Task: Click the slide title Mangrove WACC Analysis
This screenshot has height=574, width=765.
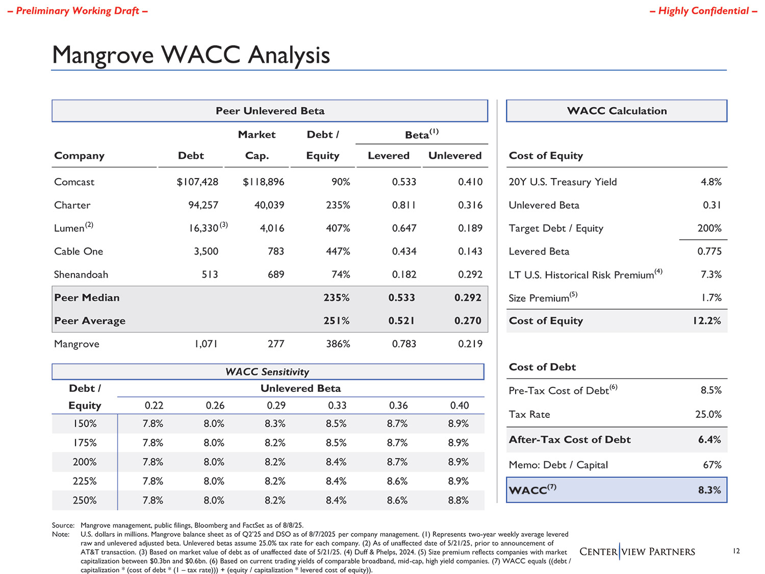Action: pyautogui.click(x=191, y=55)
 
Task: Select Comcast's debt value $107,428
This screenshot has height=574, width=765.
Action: pyautogui.click(x=197, y=182)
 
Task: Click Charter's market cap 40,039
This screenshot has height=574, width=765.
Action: pyautogui.click(x=269, y=205)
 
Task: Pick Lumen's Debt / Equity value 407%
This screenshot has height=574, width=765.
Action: pyautogui.click(x=338, y=228)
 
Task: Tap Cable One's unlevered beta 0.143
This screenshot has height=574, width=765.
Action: pyautogui.click(x=470, y=252)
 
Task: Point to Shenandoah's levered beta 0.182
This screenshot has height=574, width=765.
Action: pyautogui.click(x=404, y=274)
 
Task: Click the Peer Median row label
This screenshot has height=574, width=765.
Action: pyautogui.click(x=87, y=298)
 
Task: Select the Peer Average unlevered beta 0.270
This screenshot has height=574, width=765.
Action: pyautogui.click(x=468, y=321)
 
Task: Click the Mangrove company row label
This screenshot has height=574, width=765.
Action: pyautogui.click(x=76, y=344)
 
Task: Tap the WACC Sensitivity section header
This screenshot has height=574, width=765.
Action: pyautogui.click(x=267, y=372)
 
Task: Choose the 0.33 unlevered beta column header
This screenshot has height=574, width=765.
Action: pyautogui.click(x=337, y=406)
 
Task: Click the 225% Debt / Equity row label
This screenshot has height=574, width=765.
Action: pyautogui.click(x=85, y=481)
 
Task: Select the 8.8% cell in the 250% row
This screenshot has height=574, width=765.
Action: pyautogui.click(x=458, y=501)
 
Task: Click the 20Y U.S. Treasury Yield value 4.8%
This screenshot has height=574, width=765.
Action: pyautogui.click(x=711, y=182)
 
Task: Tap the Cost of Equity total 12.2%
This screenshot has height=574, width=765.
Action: pyautogui.click(x=706, y=321)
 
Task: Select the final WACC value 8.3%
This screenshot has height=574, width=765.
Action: pyautogui.click(x=709, y=490)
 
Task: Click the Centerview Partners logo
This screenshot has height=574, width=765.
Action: pyautogui.click(x=637, y=552)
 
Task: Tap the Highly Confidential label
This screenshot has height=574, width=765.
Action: pyautogui.click(x=703, y=11)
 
